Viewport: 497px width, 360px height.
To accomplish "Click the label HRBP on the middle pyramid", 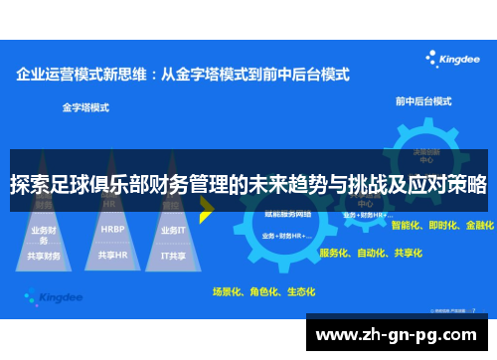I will tap(112, 229).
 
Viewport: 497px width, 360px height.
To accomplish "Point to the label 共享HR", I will tap(112, 255).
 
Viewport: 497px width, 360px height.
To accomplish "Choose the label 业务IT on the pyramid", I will tap(172, 230).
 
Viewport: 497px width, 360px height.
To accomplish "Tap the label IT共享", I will tap(173, 256).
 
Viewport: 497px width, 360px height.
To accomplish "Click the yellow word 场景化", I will tap(228, 292).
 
